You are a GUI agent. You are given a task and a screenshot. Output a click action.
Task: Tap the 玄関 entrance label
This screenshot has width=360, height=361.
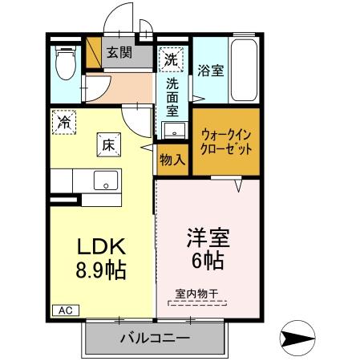coord(120,55)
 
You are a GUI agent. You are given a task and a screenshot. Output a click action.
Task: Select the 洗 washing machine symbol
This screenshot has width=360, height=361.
coord(170,58)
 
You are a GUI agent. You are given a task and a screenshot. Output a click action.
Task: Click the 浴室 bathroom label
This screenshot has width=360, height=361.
coord(211,71)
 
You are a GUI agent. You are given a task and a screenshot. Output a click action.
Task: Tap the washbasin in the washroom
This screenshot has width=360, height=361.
coord(172,129)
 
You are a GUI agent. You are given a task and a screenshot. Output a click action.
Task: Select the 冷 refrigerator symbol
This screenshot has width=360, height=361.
coord(63,123)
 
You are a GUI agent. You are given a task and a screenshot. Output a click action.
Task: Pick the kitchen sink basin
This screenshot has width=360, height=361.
coord(105,180)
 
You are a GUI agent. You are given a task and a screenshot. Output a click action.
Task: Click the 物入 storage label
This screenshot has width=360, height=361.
coord(172,160)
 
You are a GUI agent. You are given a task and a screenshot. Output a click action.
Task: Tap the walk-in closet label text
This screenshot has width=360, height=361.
coord(226,142)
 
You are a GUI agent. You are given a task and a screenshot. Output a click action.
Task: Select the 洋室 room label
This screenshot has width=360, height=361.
coord(208,238)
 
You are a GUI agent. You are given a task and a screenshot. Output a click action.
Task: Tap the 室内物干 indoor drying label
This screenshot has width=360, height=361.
coord(196,294)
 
